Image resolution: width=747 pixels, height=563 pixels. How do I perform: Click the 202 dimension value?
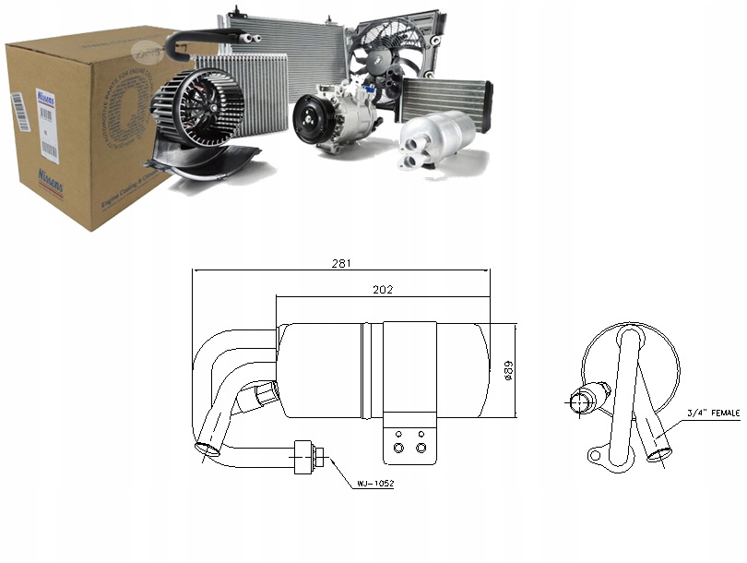(x=383, y=289)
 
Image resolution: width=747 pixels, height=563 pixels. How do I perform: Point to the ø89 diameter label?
(x=508, y=370)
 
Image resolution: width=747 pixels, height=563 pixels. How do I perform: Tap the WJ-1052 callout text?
(x=375, y=484)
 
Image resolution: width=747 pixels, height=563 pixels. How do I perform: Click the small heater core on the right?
(x=446, y=99)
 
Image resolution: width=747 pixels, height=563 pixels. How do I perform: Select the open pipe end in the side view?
(x=209, y=449)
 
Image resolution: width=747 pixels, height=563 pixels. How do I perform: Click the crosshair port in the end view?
(x=584, y=401)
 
